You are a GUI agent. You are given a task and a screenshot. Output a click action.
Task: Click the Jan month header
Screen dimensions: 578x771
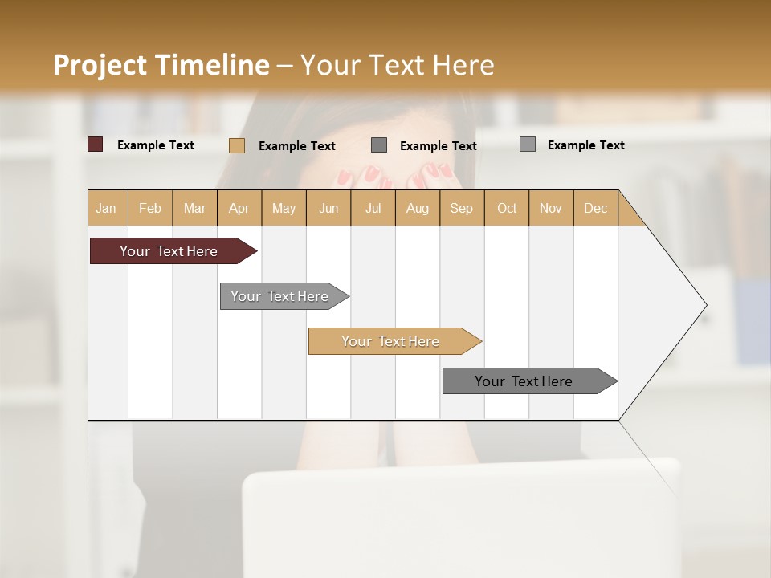[x=106, y=208]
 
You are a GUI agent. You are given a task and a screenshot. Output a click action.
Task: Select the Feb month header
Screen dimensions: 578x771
[x=150, y=208]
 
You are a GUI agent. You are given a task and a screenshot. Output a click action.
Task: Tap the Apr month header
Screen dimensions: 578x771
[x=239, y=208]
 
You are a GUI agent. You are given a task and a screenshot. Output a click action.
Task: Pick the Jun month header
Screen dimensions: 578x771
[x=328, y=208]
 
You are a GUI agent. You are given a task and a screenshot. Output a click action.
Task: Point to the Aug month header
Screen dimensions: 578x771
[x=417, y=208]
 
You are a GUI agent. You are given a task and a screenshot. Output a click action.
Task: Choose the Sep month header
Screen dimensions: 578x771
[x=461, y=208]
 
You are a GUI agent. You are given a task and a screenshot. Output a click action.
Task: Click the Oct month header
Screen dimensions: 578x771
[x=507, y=208]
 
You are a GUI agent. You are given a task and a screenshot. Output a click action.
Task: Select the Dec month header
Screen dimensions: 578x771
[x=595, y=208]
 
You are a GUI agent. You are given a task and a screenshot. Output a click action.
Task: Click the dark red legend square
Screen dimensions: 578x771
[x=95, y=144]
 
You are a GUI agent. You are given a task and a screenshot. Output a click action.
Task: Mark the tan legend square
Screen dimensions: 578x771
[x=236, y=145]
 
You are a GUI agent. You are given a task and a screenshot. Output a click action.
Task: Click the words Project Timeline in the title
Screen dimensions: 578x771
[x=161, y=65]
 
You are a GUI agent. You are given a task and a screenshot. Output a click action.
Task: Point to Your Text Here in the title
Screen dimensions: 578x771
[x=397, y=65]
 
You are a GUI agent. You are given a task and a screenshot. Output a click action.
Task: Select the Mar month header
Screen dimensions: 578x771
[x=194, y=208]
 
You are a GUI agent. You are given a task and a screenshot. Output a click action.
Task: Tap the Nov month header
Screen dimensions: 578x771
[x=550, y=208]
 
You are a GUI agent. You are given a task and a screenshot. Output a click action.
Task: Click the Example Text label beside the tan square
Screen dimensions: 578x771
[x=297, y=146]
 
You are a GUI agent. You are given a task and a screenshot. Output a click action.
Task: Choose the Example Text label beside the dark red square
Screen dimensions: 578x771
[x=156, y=145]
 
